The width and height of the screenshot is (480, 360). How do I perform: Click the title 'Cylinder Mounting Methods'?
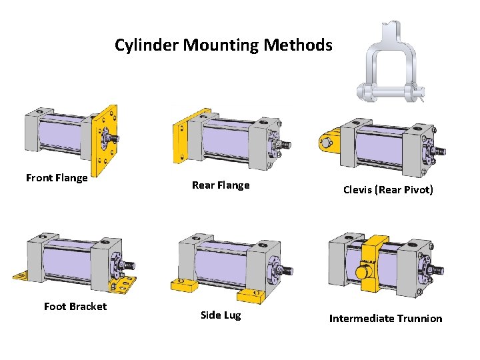click(223, 45)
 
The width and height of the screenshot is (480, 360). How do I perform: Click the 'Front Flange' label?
click(57, 177)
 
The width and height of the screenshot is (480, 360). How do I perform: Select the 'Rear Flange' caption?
click(221, 185)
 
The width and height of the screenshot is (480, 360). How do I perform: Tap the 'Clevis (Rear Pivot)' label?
click(388, 190)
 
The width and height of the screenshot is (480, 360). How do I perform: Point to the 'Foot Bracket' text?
click(75, 307)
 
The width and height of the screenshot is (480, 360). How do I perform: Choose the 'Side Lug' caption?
click(221, 315)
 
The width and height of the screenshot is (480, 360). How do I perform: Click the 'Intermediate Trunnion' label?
click(385, 319)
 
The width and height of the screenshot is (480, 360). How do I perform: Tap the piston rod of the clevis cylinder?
click(441, 151)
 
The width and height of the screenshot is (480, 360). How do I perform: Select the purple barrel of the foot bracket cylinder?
click(66, 260)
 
